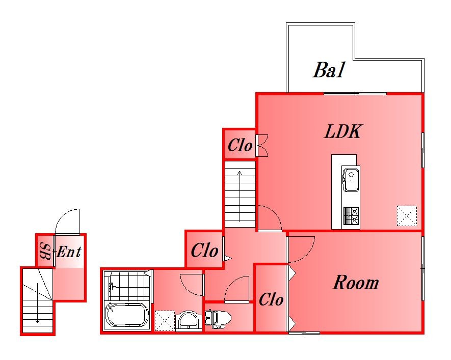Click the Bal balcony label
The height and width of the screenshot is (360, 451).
coord(329,70)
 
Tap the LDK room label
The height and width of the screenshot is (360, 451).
coord(342,131)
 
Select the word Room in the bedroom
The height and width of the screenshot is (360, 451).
coord(356,283)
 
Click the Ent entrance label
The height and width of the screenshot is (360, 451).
coord(69,252)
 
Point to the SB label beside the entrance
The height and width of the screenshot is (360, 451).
coord(45,251)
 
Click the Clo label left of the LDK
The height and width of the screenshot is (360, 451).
coord(240,145)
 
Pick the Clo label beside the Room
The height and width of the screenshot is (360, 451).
coord(271,300)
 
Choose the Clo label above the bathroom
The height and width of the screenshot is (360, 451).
coord(204,250)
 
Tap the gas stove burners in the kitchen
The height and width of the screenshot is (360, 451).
coord(351,216)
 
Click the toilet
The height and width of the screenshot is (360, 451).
coord(218,318)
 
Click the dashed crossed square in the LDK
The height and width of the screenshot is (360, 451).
coord(407,215)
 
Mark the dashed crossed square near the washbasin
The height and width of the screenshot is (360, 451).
coord(165,320)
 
